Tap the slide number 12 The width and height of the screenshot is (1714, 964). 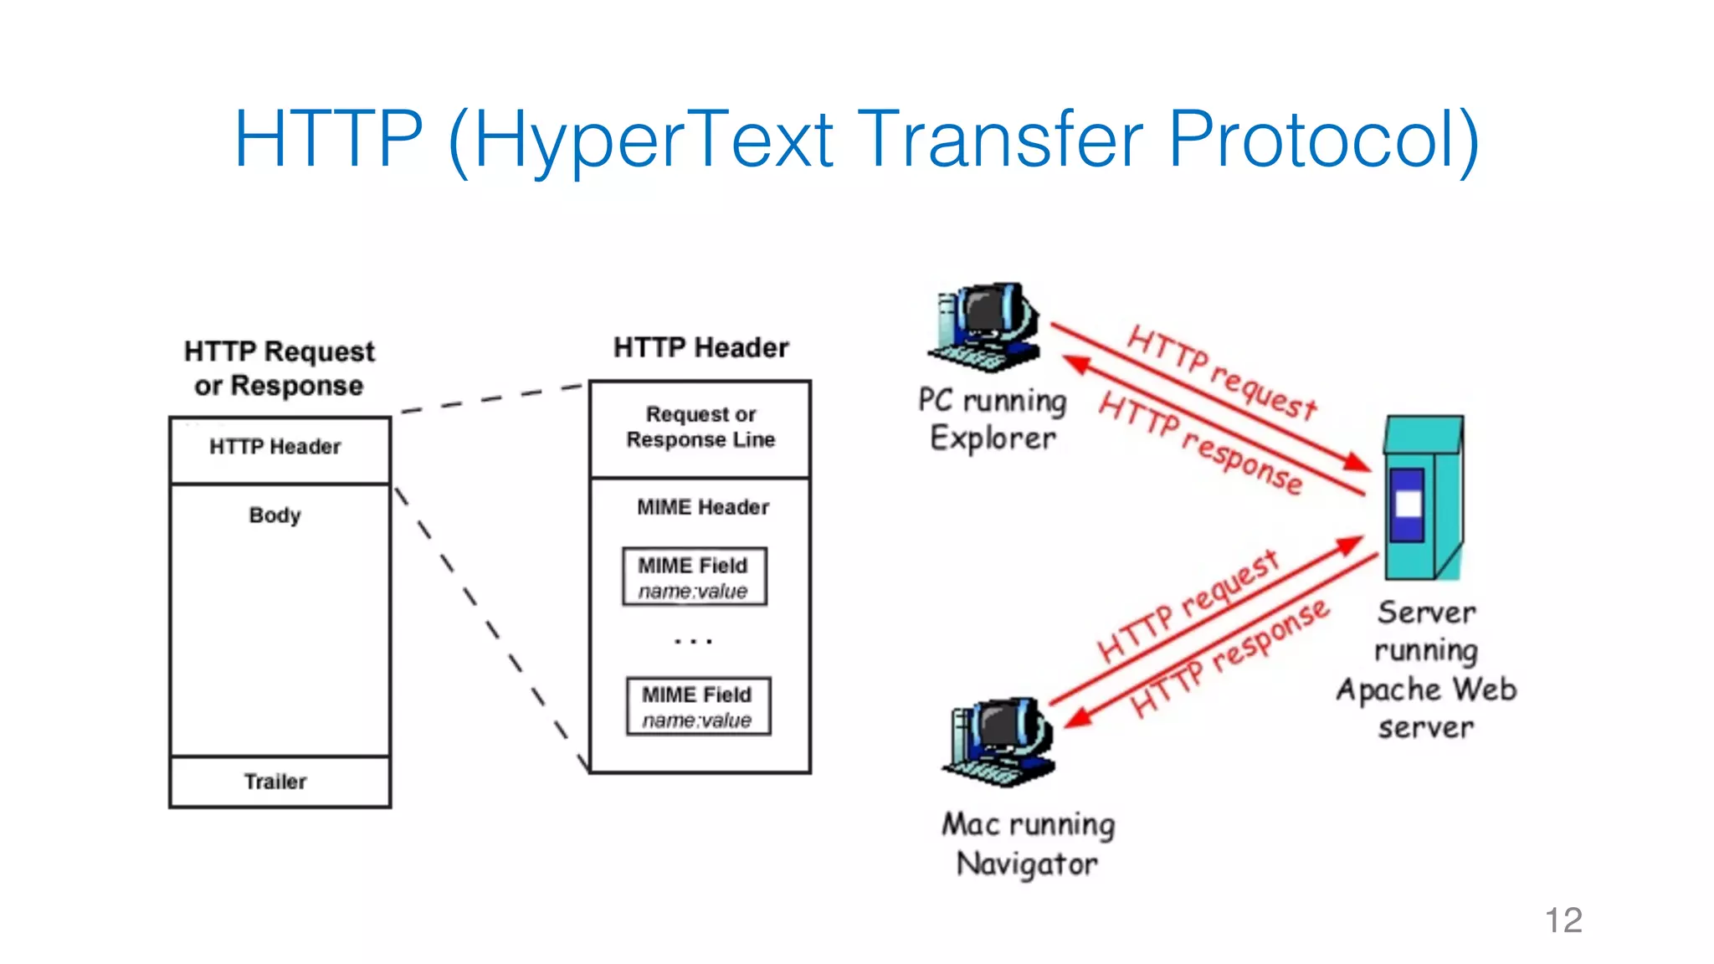click(x=1563, y=920)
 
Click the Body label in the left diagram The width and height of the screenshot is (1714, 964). click(x=275, y=515)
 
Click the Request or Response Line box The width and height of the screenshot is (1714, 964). click(x=700, y=428)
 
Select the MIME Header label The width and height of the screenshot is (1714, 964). click(x=703, y=507)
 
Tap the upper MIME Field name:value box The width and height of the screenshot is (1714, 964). click(x=694, y=577)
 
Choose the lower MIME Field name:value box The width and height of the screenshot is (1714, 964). click(x=698, y=706)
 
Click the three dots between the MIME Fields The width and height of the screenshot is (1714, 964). click(x=694, y=642)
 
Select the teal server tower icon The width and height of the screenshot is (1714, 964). click(x=1423, y=498)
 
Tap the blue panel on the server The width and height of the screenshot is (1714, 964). click(x=1408, y=504)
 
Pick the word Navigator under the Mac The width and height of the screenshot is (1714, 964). click(x=1027, y=864)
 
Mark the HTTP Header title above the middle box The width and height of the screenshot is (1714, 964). click(x=700, y=347)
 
